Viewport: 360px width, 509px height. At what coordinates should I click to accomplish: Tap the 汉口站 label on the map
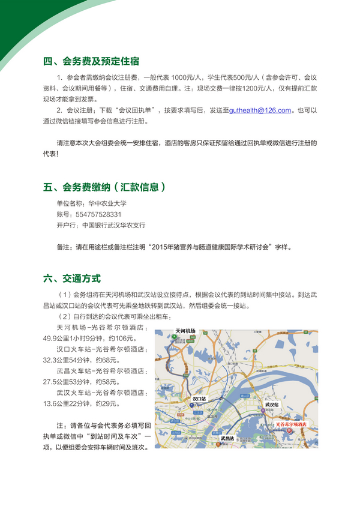(199, 398)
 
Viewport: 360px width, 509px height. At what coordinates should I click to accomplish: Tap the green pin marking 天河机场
(175, 337)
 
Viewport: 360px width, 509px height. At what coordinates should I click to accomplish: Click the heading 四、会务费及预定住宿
(91, 61)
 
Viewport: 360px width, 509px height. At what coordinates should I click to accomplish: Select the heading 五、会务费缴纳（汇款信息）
(104, 187)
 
